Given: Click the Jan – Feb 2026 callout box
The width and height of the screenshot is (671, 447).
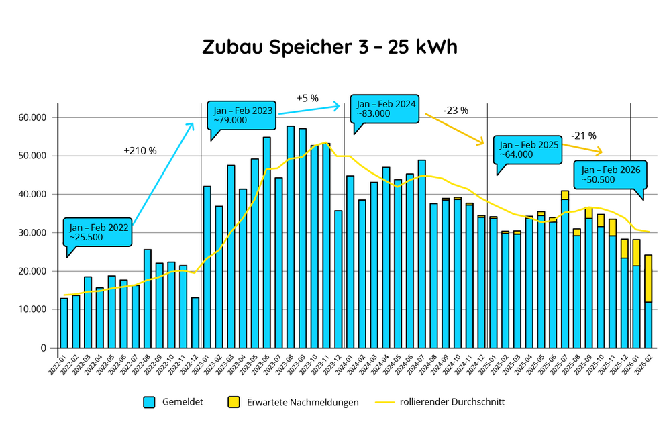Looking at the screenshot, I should click(610, 175).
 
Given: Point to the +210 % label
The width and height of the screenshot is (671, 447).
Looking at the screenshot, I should click(140, 151).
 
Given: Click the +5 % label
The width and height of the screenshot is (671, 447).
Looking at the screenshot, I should click(307, 99).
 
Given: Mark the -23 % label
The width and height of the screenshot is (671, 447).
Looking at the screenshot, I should click(456, 110).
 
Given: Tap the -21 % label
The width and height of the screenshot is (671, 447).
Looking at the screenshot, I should click(583, 136).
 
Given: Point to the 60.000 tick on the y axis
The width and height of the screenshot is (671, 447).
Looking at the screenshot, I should click(33, 117).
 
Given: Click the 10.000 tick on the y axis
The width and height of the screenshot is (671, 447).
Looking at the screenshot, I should click(33, 309).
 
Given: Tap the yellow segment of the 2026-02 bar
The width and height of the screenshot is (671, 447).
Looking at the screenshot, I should click(649, 278).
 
